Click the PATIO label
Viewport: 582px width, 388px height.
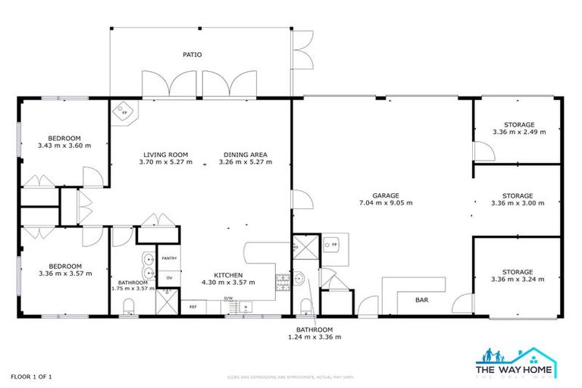(191, 55)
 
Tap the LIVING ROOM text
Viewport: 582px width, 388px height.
(165, 154)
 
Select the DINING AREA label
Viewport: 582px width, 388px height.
(242, 154)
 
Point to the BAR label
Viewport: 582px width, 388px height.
(422, 300)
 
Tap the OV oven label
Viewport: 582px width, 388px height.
(168, 278)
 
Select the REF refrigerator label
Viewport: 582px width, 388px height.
(192, 307)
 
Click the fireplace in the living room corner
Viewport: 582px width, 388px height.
(123, 114)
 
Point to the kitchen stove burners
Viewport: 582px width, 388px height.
(282, 281)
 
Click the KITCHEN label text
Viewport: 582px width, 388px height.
(227, 275)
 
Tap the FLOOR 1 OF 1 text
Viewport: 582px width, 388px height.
(30, 376)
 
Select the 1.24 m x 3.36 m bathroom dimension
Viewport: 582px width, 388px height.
(314, 337)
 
